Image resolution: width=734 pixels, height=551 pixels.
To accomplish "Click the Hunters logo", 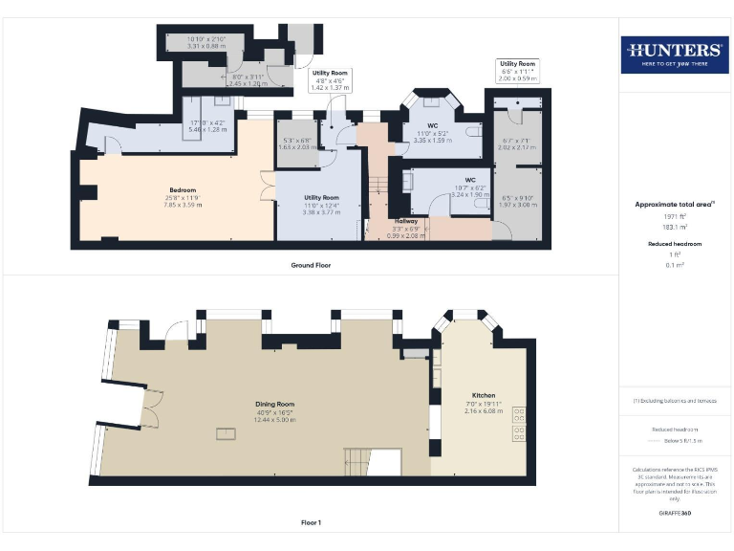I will pos(674,55).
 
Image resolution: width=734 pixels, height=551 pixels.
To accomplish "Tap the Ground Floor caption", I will pos(312,264).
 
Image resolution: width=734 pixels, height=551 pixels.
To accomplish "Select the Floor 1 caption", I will pos(312,522).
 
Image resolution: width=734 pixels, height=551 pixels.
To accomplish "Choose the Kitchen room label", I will pos(485,394).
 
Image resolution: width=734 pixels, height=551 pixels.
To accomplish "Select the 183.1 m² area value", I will pos(674,228).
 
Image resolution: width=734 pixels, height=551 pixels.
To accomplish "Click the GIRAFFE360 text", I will pos(674,514).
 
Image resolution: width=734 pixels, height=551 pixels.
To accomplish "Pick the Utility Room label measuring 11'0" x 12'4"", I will pos(321,197).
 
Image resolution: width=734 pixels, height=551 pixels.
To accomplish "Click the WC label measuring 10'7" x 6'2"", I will pos(470,179).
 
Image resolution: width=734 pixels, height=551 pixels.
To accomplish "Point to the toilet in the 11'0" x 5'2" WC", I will pos(475,136).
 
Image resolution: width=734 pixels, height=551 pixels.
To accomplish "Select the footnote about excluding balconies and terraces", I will pos(674,401).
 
